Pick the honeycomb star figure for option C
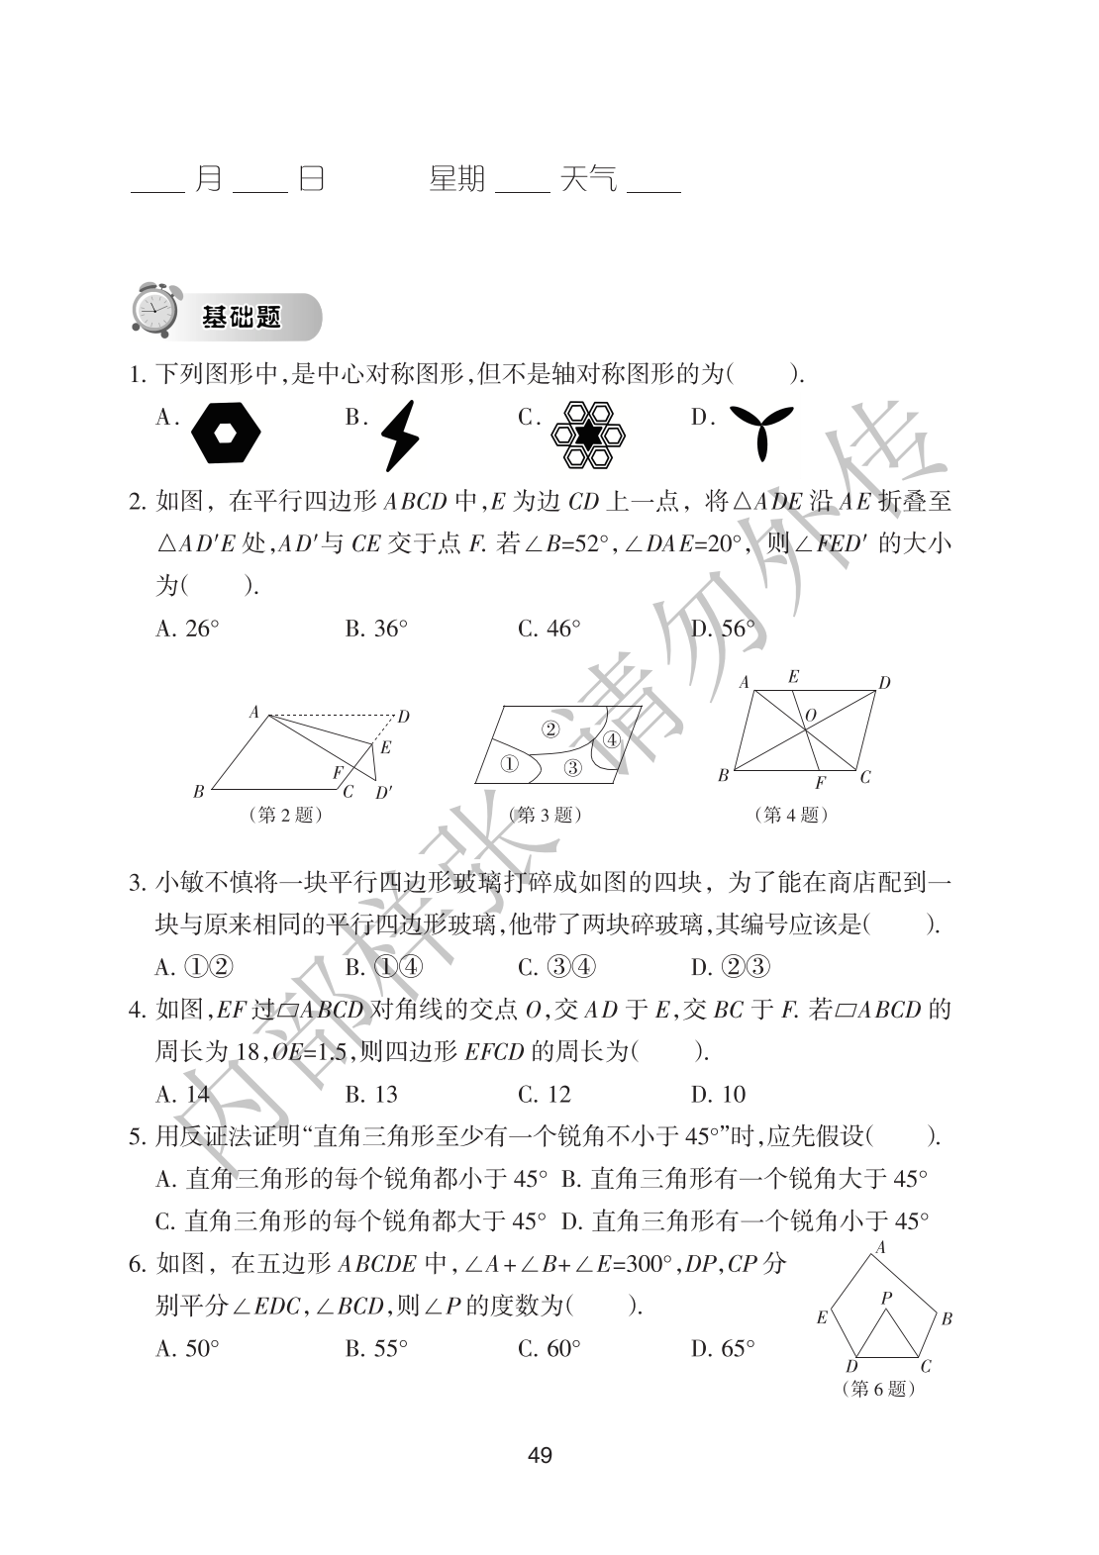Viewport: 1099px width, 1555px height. pyautogui.click(x=589, y=434)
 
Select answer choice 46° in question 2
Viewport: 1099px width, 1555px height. pyautogui.click(x=549, y=629)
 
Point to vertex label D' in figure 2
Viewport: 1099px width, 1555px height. pyautogui.click(x=383, y=792)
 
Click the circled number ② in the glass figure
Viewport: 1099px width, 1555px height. pyautogui.click(x=550, y=729)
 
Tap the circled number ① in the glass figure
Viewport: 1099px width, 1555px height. pyautogui.click(x=508, y=763)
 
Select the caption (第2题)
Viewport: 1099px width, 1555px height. pyautogui.click(x=287, y=815)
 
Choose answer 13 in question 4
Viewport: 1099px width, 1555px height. pyautogui.click(x=371, y=1094)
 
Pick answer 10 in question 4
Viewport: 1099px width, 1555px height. pyautogui.click(x=718, y=1094)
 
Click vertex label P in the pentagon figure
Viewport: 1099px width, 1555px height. pyautogui.click(x=886, y=1297)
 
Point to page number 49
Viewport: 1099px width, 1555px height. pyautogui.click(x=541, y=1455)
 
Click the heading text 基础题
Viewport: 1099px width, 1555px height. pyautogui.click(x=242, y=317)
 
